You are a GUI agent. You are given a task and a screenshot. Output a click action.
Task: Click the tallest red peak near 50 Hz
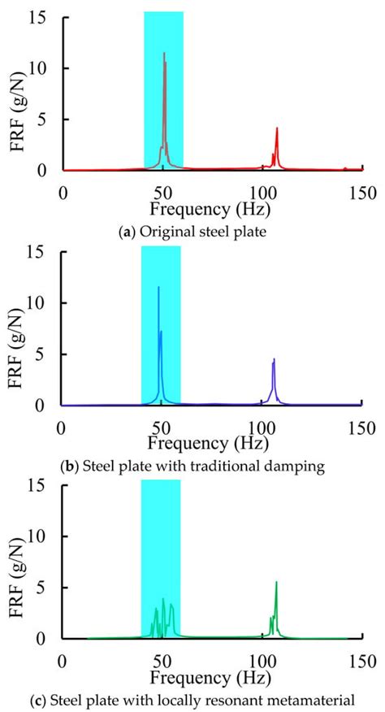[x=164, y=54]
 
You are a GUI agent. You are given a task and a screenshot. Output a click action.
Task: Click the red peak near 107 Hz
[x=277, y=128]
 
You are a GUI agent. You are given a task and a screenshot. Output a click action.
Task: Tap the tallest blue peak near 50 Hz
[x=158, y=288]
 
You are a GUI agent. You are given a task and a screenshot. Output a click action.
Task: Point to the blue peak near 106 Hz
[x=274, y=359]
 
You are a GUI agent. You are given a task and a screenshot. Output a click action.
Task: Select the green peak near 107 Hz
[x=276, y=583]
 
